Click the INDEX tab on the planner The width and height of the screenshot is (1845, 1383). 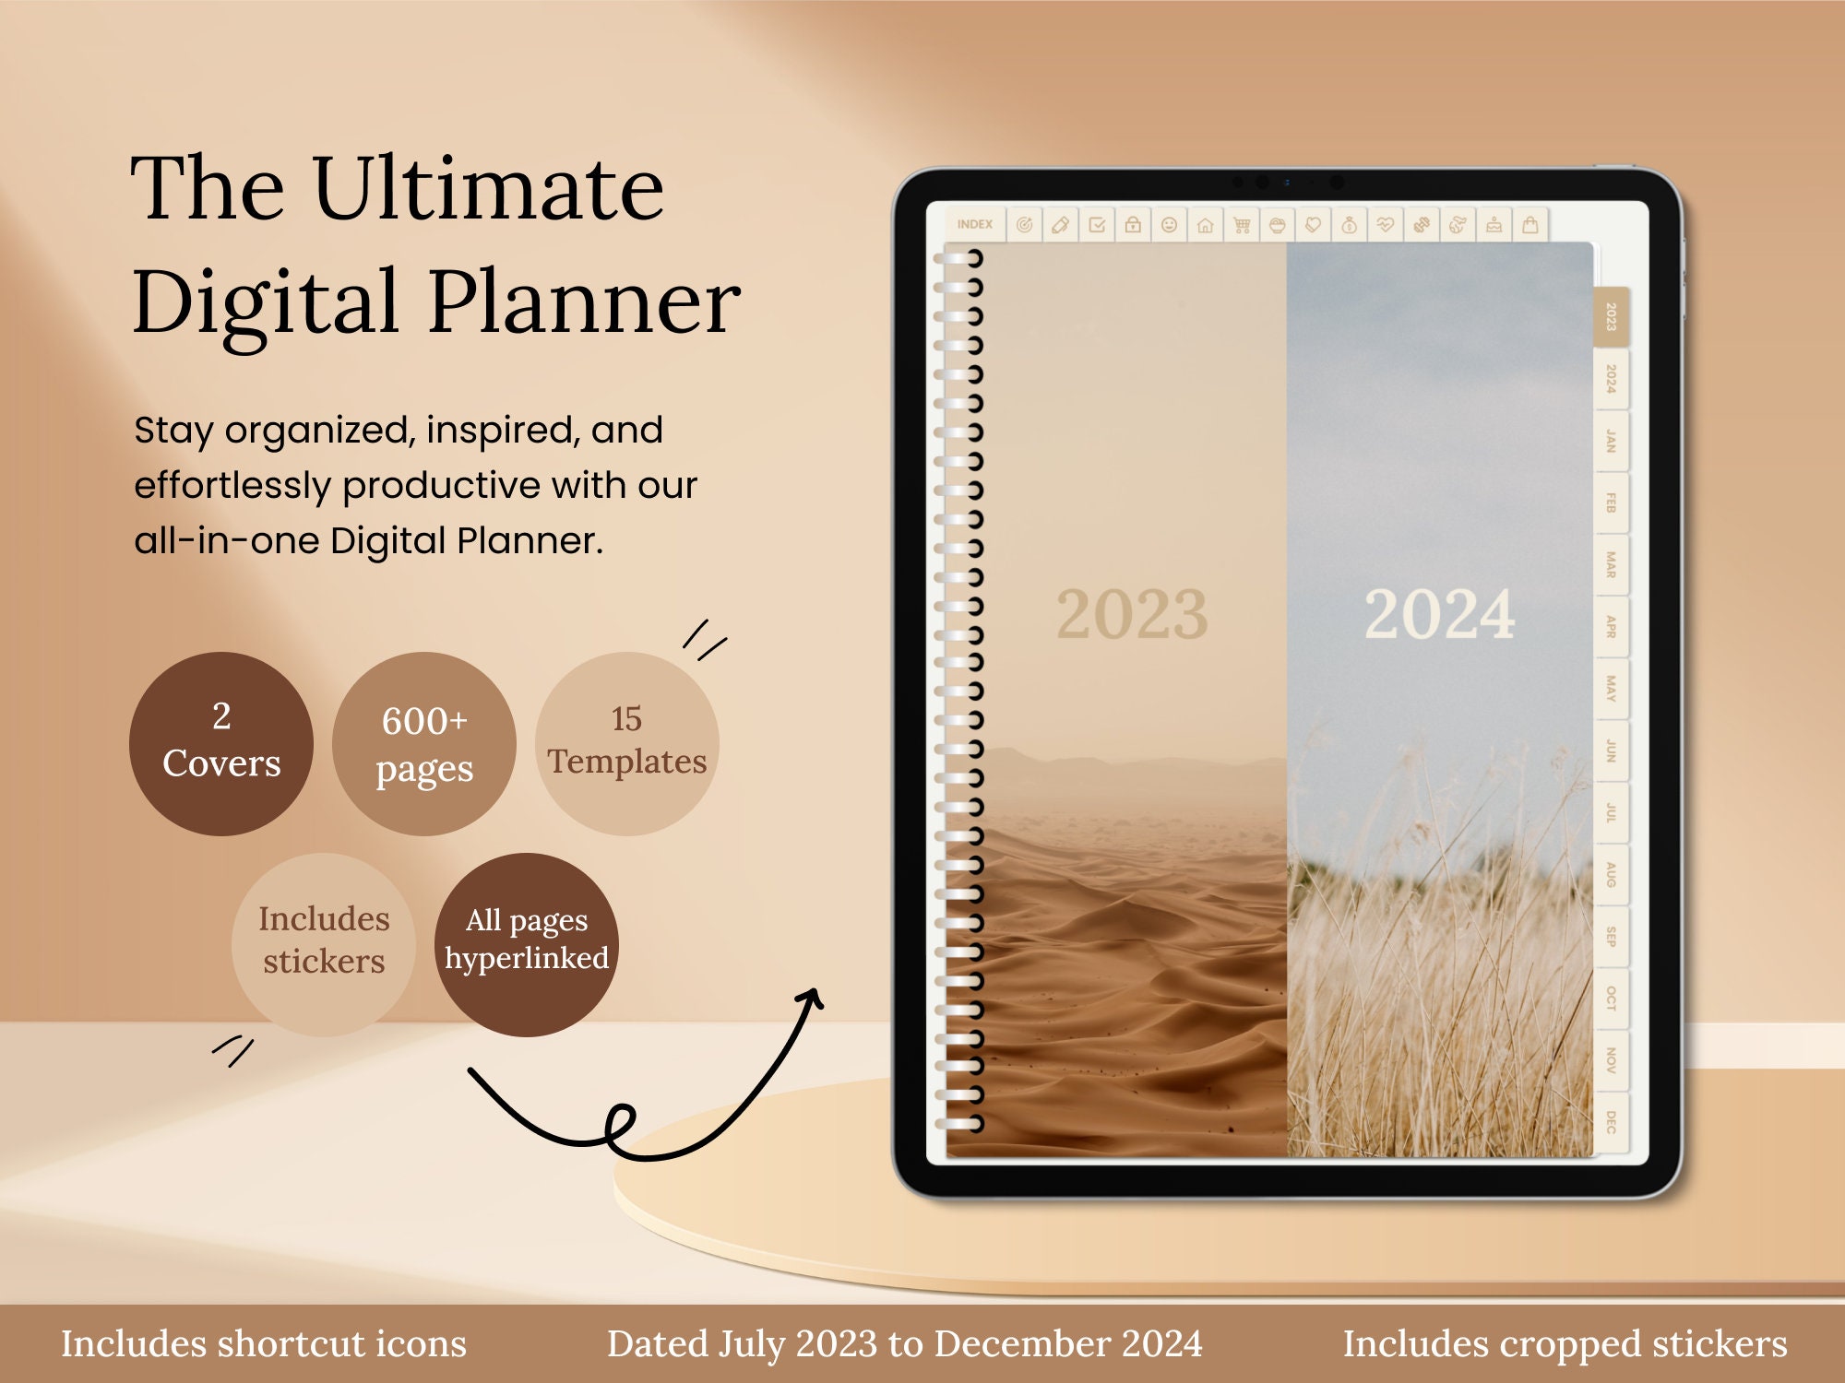tap(974, 224)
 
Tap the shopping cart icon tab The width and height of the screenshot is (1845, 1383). tap(1242, 225)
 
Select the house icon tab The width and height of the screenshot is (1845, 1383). tap(1205, 225)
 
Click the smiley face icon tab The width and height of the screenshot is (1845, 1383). tap(1169, 225)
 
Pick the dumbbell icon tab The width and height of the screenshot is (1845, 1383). tap(1422, 225)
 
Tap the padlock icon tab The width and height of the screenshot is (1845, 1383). tap(1133, 225)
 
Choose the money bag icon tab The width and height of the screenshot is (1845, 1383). tap(1349, 225)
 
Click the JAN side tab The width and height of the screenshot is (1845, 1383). tap(1611, 441)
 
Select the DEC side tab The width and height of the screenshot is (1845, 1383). tap(1611, 1122)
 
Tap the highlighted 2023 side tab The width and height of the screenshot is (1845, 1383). tap(1611, 316)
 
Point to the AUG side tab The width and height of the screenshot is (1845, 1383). tap(1611, 874)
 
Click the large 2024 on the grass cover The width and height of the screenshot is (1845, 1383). tap(1439, 615)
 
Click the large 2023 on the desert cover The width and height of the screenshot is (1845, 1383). tap(1132, 615)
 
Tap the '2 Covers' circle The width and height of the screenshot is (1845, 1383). tap(221, 743)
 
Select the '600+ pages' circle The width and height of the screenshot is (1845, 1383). tap(424, 743)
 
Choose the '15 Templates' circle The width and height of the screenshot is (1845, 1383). tap(627, 743)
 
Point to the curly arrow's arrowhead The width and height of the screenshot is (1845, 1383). tap(811, 998)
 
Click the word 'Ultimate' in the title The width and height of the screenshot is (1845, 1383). tap(488, 189)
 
